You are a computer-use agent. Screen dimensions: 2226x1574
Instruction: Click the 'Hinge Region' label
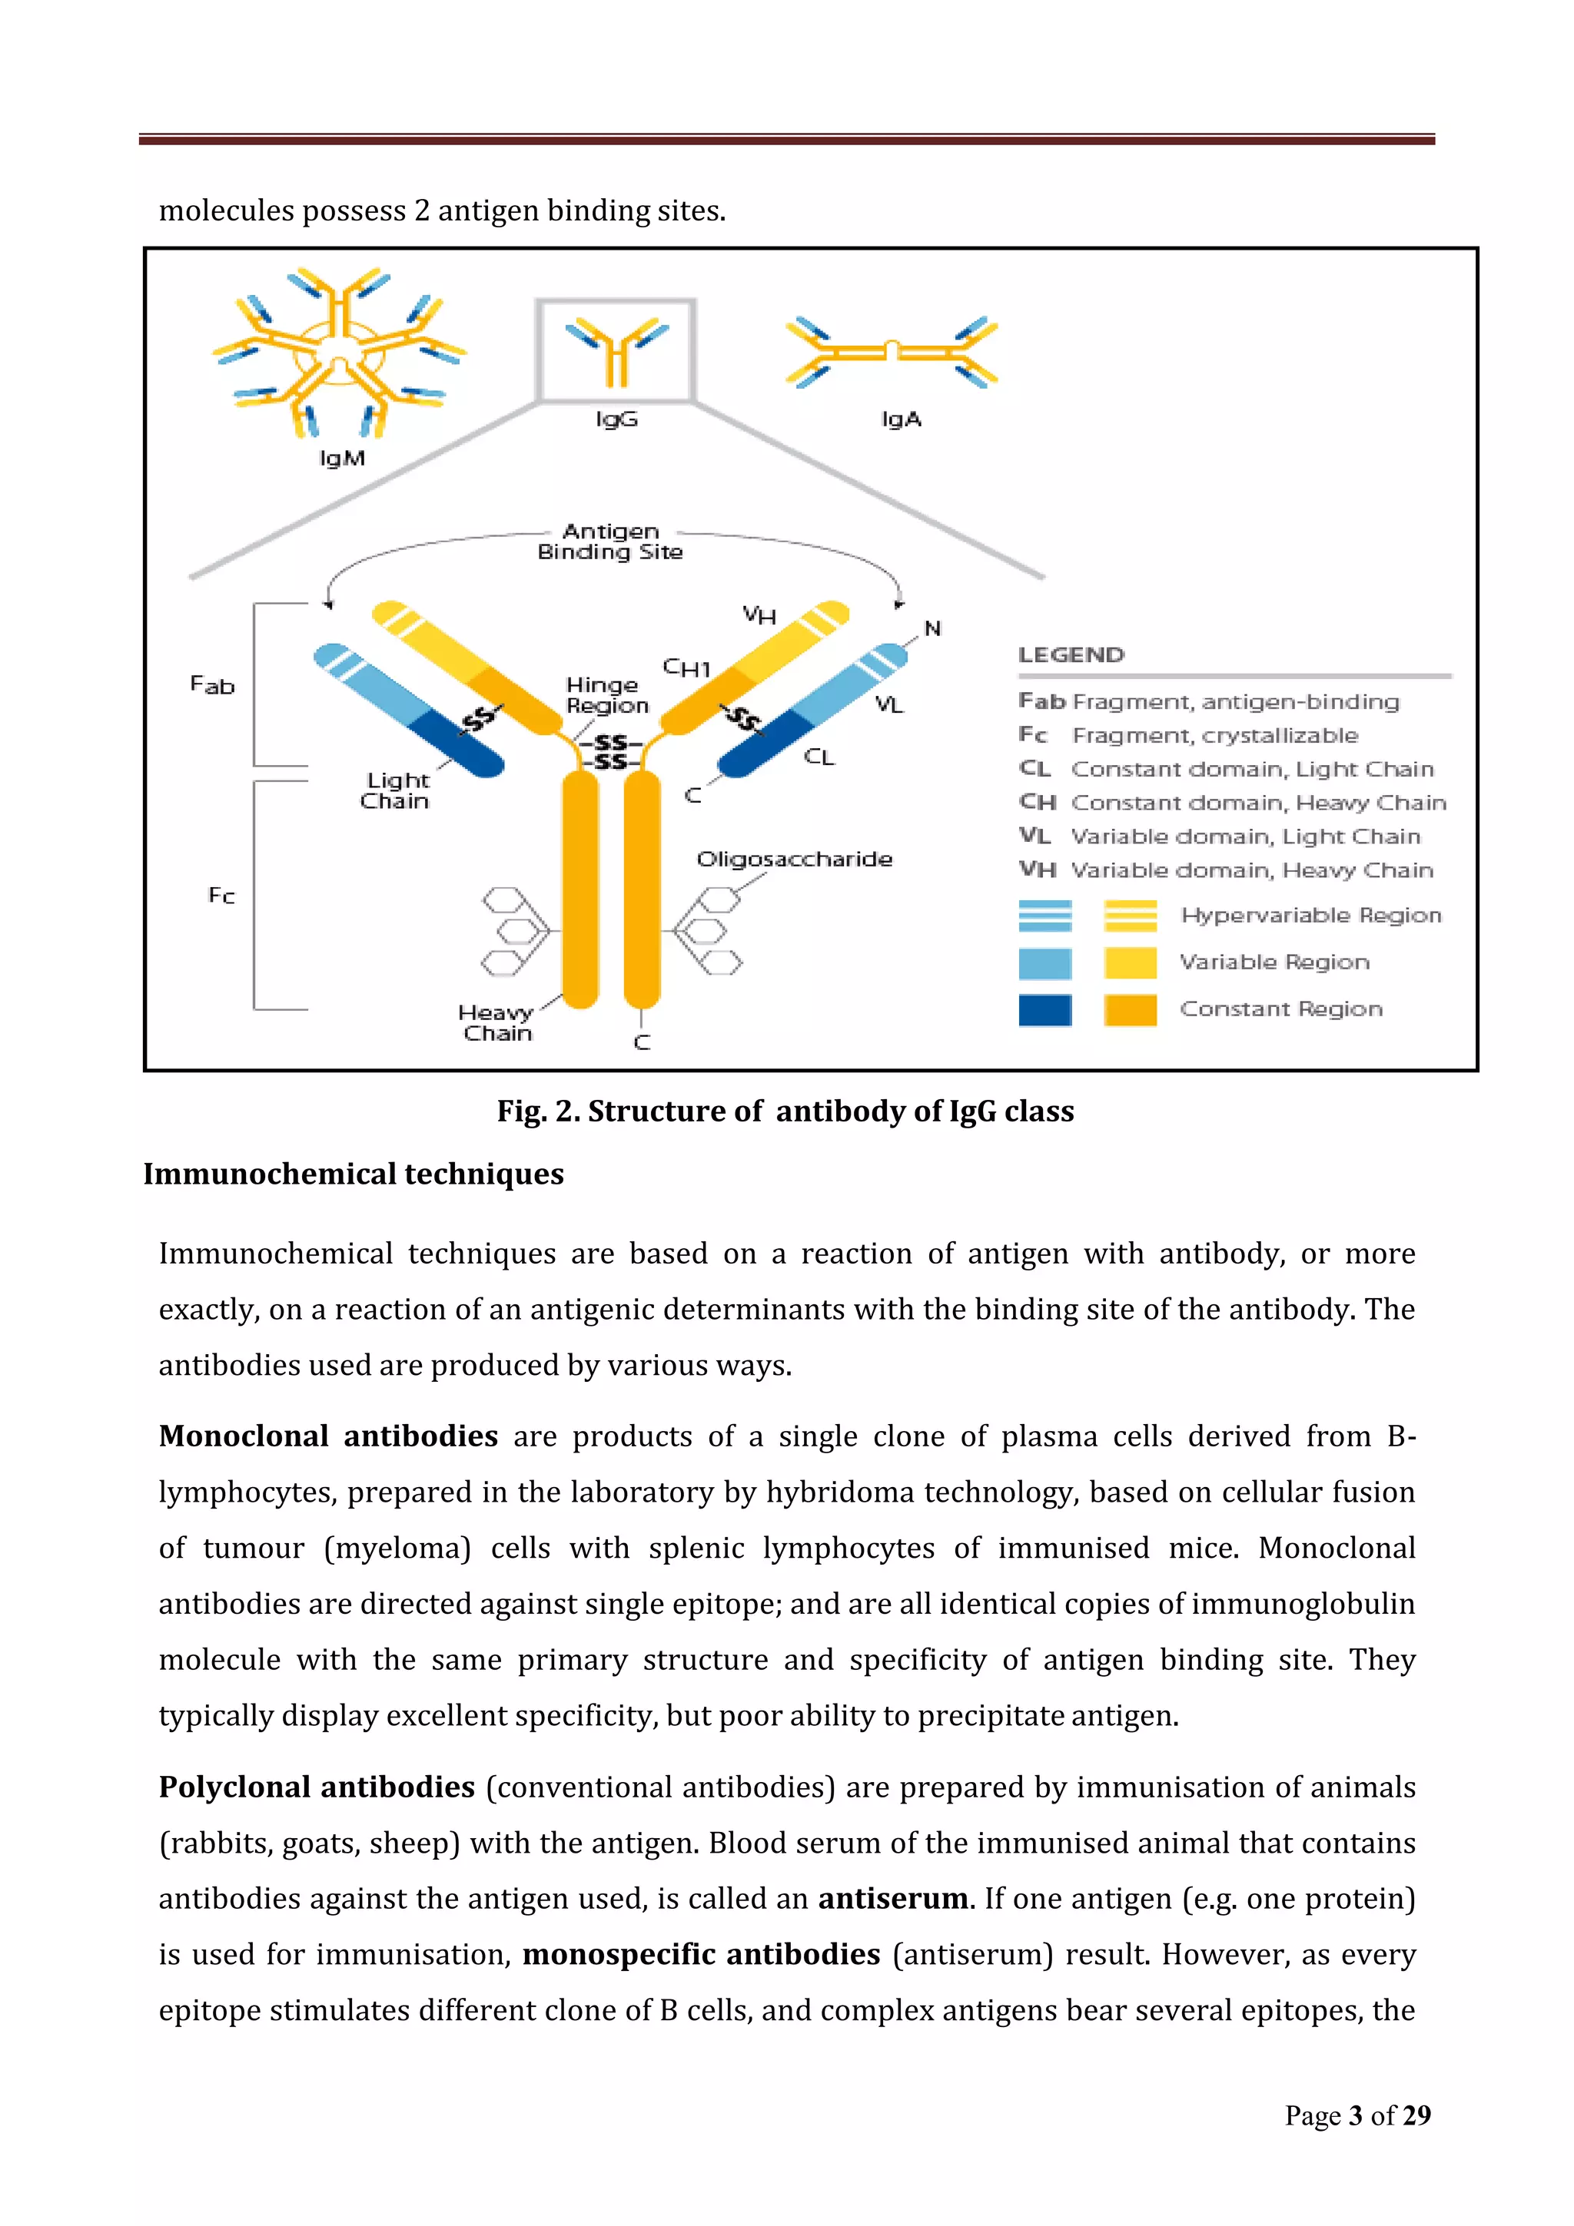[606, 695]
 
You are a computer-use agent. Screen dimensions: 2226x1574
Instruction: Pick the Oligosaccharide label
[794, 859]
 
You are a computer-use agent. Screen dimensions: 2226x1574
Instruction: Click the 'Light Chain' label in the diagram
[396, 790]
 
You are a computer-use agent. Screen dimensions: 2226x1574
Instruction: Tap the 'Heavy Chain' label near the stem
[496, 1023]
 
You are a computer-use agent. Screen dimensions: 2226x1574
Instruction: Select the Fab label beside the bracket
[212, 685]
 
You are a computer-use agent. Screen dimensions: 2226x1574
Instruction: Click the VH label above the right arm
[759, 614]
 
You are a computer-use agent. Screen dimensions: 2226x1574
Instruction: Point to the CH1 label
[686, 668]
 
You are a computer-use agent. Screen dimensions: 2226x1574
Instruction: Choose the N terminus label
[933, 628]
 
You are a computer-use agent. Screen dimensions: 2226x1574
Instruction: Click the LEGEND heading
[1071, 654]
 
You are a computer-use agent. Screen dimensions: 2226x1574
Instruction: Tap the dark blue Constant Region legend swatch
[1044, 1009]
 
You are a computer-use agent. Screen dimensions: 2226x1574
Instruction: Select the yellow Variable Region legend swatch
[1130, 962]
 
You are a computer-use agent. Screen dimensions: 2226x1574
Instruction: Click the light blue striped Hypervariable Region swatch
[1044, 916]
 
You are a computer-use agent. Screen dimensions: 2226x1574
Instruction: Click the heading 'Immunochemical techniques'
[353, 1174]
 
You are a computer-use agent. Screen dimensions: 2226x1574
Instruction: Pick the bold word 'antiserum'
[892, 1898]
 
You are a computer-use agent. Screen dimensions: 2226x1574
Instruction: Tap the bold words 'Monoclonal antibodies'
[328, 1436]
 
